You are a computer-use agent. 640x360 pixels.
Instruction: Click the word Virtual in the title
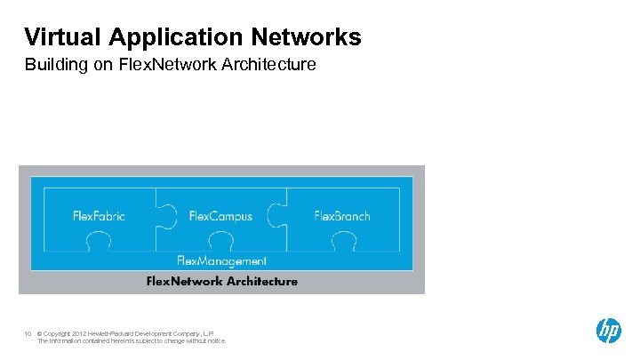click(x=63, y=36)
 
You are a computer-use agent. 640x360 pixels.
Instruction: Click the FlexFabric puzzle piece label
click(x=99, y=216)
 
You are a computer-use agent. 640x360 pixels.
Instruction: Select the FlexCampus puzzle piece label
click(x=220, y=216)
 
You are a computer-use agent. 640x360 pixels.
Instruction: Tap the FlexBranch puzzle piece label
click(x=341, y=216)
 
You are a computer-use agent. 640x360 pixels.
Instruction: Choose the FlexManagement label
click(x=221, y=260)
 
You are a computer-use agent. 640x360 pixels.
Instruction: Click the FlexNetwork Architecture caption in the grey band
click(x=221, y=282)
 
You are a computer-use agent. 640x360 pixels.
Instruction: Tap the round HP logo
click(x=608, y=331)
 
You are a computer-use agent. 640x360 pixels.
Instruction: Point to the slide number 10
click(x=28, y=334)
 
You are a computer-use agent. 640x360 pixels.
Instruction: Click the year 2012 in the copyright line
click(x=80, y=334)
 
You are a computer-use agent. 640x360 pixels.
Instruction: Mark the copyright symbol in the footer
click(x=40, y=334)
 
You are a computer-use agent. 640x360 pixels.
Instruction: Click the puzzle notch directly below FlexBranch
click(x=341, y=241)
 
